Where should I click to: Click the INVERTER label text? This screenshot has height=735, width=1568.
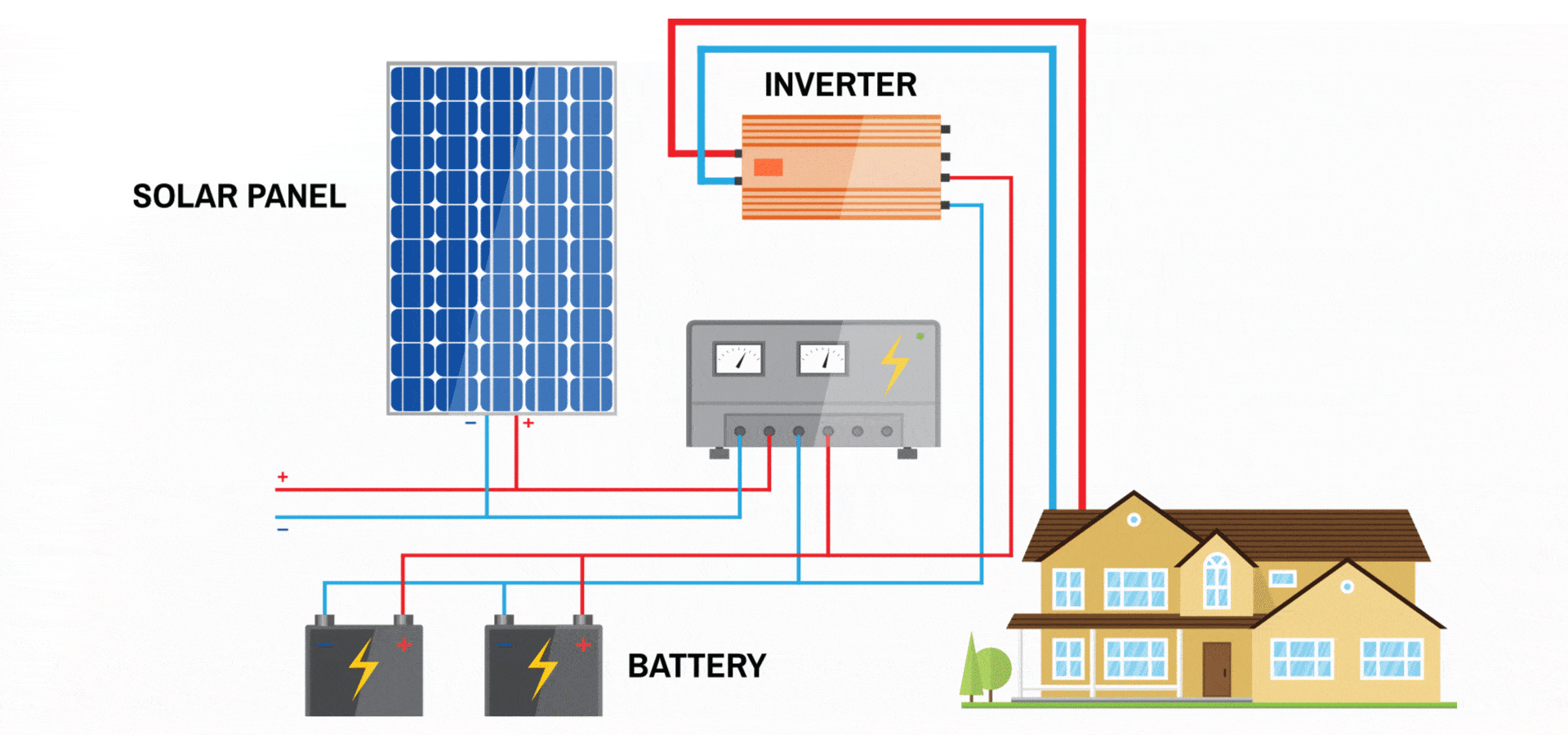tap(840, 85)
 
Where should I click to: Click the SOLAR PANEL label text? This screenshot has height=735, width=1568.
tap(238, 196)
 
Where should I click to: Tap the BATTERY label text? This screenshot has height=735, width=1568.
tap(696, 666)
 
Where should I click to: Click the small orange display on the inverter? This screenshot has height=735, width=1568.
tap(768, 167)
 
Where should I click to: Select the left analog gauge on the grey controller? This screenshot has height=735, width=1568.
tap(738, 359)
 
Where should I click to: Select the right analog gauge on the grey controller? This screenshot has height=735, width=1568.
tap(822, 359)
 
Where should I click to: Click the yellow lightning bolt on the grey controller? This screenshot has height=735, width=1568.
tap(894, 363)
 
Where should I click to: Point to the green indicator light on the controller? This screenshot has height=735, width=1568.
tap(920, 336)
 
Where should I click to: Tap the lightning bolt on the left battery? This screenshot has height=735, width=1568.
tap(363, 668)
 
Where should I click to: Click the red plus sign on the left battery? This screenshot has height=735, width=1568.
tap(403, 644)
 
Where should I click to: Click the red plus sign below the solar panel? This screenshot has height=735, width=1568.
tap(528, 423)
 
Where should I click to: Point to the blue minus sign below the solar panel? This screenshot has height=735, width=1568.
tap(470, 423)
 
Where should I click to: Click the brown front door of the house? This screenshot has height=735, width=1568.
tap(1216, 669)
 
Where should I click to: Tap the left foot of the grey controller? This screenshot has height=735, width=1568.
tap(719, 453)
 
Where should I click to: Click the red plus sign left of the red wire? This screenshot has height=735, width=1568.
tap(283, 476)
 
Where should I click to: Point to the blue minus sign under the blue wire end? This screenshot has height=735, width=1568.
tap(283, 530)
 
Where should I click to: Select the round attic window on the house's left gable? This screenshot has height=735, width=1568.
tap(1134, 519)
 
